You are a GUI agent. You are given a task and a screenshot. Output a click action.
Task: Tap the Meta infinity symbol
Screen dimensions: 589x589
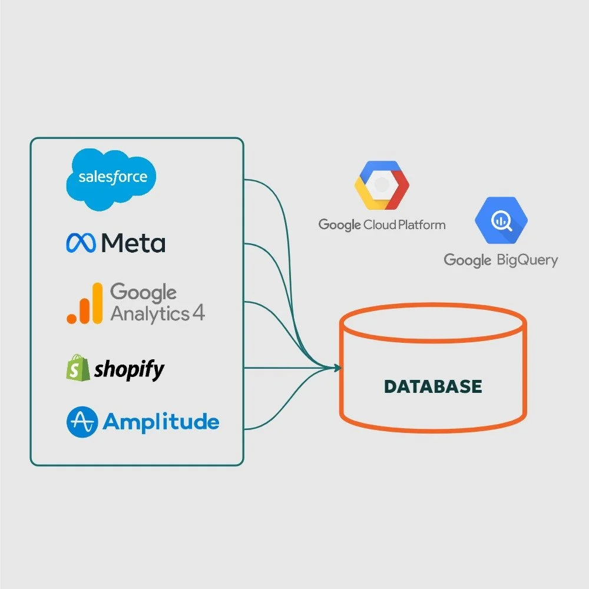[x=81, y=243]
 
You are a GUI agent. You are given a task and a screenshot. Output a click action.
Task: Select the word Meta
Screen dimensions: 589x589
[x=133, y=243]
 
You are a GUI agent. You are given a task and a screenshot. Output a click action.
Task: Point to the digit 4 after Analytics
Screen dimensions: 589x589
[x=198, y=313]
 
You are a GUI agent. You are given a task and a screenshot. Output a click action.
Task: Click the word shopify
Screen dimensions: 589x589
[x=129, y=369]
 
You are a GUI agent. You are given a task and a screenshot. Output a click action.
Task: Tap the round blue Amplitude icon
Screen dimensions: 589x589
[x=81, y=422]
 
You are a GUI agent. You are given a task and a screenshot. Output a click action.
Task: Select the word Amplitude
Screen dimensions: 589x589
[x=161, y=421]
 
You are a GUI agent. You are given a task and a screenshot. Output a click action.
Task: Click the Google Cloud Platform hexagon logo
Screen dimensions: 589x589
[x=381, y=184]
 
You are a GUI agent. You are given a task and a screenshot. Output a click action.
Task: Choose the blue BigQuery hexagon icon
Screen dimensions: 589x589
[x=501, y=220]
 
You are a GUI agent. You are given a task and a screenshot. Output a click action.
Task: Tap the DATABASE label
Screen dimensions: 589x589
[x=433, y=386]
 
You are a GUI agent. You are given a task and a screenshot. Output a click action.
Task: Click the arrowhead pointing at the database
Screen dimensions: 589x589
[x=338, y=369]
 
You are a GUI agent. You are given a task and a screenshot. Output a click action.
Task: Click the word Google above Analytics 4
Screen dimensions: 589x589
[x=143, y=292]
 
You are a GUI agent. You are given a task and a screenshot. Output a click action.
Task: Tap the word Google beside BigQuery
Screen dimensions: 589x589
[x=467, y=260]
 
